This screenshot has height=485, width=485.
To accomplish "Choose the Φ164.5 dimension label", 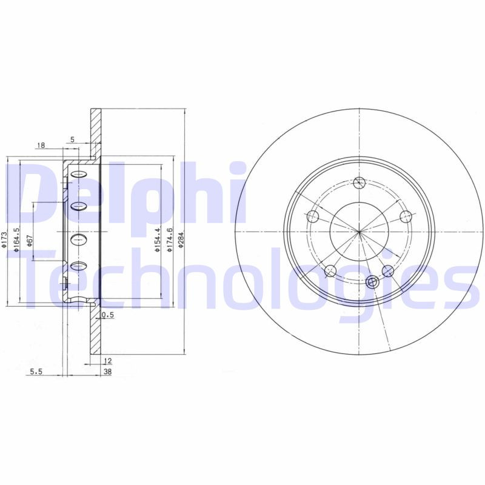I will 18,237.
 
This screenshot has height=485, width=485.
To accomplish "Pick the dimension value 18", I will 41,145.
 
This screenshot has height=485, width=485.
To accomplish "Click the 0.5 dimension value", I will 109,315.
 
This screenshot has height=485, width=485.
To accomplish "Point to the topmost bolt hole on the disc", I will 360,182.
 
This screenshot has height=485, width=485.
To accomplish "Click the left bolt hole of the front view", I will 313,216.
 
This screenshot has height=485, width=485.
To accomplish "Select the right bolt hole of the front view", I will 406,216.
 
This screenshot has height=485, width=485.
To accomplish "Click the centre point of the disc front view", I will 360,232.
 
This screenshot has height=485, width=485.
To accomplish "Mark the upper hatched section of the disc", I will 95,133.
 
